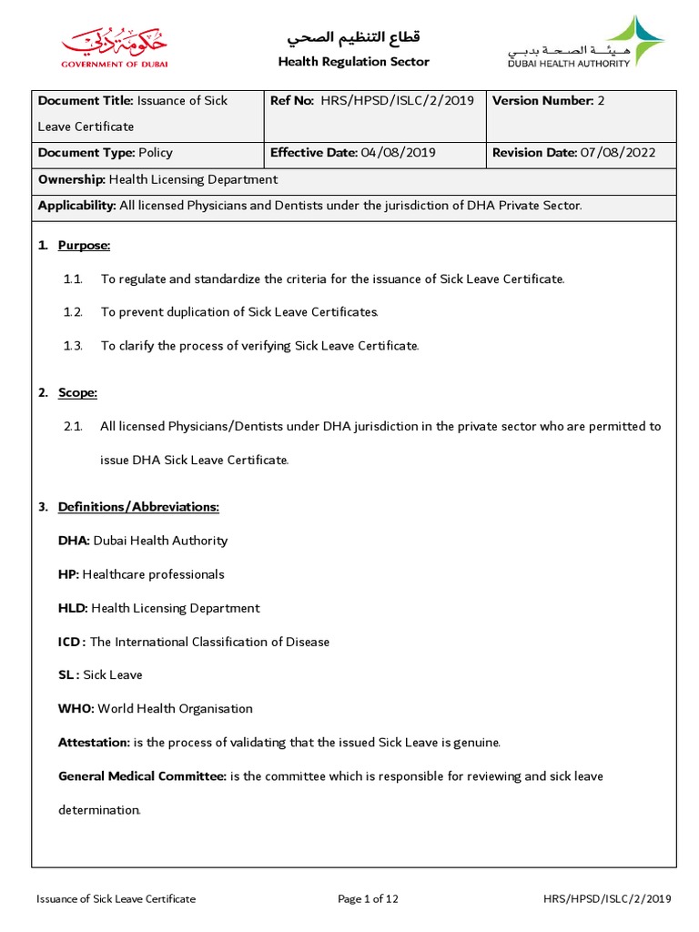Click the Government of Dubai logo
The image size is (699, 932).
pos(115,47)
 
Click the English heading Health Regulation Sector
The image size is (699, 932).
pos(353,62)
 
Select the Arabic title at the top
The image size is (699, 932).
pos(353,37)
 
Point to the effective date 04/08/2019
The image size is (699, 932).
pos(399,153)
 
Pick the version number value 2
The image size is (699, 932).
pos(601,101)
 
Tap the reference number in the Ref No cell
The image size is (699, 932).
pos(397,101)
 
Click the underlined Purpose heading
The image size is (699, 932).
pos(84,246)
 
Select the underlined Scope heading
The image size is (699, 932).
pos(77,393)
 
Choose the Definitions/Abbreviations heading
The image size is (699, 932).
pos(138,507)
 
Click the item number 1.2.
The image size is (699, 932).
pos(73,312)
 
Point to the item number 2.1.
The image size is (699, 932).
pos(73,426)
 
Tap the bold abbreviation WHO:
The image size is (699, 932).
pos(76,709)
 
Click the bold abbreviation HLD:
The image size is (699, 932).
pos(73,608)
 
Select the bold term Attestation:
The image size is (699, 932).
pos(94,743)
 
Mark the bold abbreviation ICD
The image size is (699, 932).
pos(70,642)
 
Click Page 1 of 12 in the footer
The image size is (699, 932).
pos(369,899)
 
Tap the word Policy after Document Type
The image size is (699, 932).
pos(156,153)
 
